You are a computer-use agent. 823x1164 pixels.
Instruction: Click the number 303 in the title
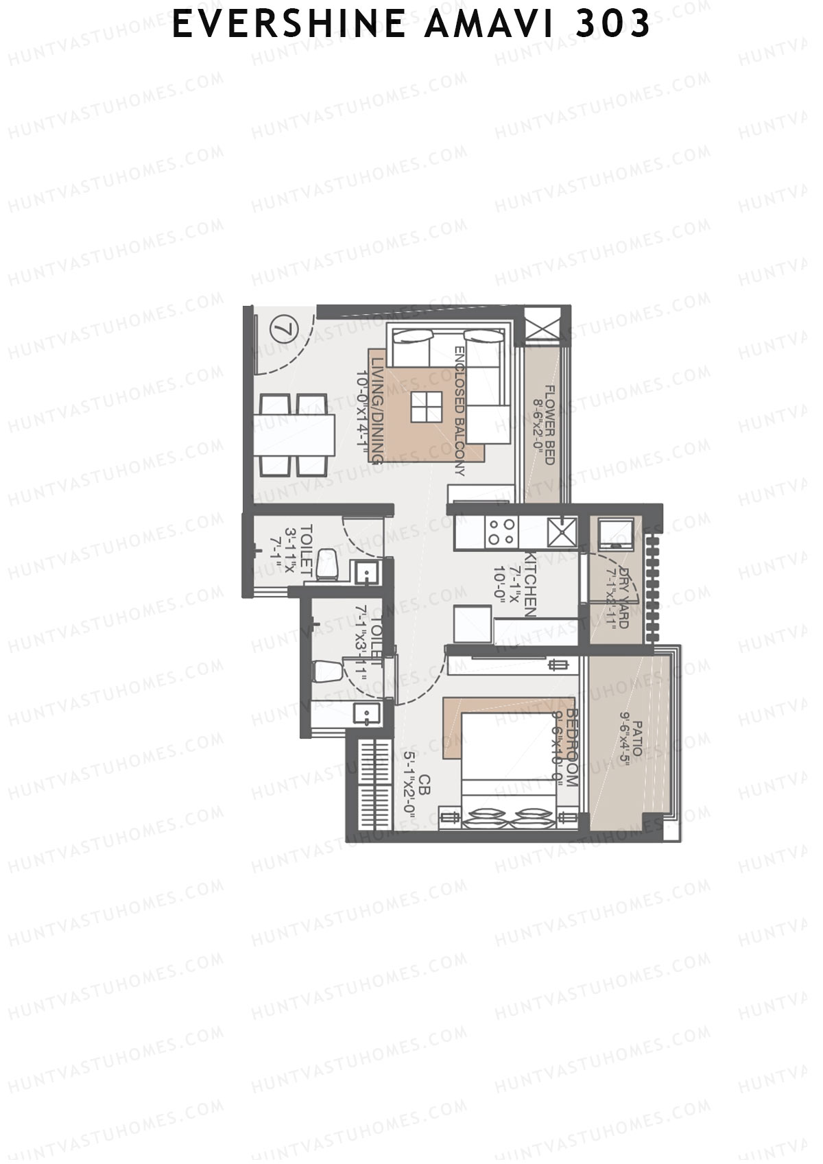613,25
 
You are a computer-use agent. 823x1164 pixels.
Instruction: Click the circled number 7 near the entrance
280,329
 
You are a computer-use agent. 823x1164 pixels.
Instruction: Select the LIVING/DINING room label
376,409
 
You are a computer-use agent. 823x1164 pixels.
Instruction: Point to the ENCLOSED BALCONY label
460,410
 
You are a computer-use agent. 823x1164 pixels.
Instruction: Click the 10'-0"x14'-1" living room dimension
361,416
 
